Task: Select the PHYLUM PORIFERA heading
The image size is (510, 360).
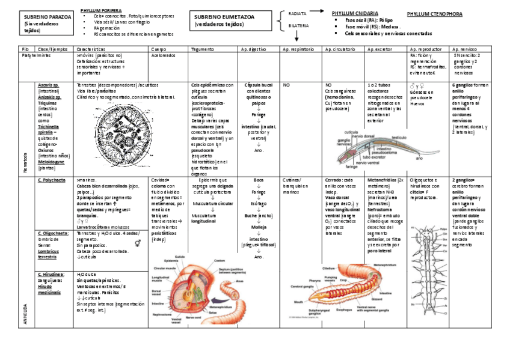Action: point(101,10)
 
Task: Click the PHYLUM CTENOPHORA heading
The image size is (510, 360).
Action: point(435,13)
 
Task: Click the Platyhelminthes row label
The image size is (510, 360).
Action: point(36,55)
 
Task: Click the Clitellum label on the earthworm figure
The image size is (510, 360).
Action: point(328,267)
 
